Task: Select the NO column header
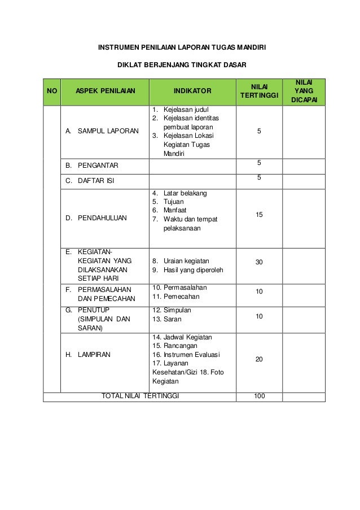click(51, 90)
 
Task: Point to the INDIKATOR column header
click(192, 90)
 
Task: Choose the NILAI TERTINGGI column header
click(260, 90)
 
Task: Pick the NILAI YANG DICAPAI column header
click(304, 90)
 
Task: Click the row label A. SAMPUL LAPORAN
click(102, 131)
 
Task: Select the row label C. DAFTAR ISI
click(91, 181)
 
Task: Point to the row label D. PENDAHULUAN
click(96, 217)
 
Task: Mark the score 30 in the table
click(259, 263)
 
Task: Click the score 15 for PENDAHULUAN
click(259, 215)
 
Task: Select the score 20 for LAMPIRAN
click(259, 359)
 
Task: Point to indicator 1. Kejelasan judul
click(180, 108)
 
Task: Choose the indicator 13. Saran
click(172, 320)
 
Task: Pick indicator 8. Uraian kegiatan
click(181, 261)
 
